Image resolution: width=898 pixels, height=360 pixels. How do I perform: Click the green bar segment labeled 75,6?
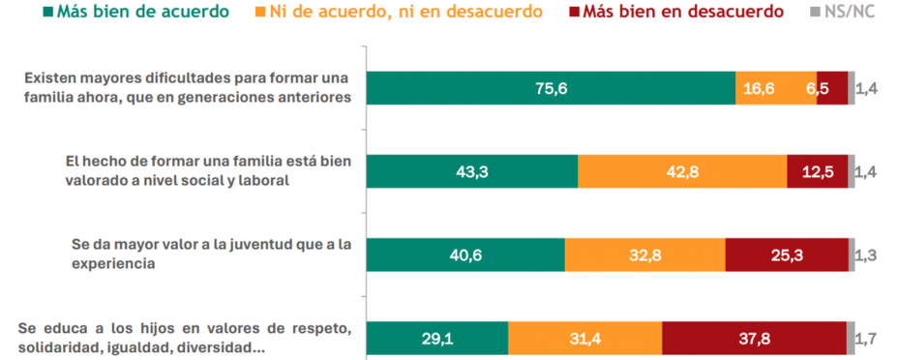coord(551,88)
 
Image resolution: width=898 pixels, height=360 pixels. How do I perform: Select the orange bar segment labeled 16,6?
coord(776,88)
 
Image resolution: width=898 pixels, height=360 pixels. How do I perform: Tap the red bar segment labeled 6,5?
coord(832,88)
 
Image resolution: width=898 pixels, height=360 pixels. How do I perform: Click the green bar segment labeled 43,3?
coord(471,171)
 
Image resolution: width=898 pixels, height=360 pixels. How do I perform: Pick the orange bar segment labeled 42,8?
coord(682,171)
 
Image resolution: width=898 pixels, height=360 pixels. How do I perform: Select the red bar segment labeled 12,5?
coord(818,171)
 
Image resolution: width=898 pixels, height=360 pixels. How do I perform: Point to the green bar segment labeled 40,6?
coord(464,255)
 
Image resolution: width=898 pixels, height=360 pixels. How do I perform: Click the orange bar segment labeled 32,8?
coord(644,255)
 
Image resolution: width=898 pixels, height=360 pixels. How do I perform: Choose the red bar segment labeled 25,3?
coord(787,255)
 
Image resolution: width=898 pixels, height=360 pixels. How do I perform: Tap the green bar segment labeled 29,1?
coord(436,339)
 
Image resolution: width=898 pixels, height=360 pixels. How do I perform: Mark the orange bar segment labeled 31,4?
coord(584,339)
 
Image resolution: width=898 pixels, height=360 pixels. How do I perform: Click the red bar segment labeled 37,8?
coord(755,339)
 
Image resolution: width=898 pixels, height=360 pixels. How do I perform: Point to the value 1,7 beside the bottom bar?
coord(869,339)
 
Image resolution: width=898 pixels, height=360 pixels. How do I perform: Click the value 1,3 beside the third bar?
coord(869,255)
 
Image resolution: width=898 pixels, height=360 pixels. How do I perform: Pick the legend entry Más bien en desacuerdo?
coord(699,13)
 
